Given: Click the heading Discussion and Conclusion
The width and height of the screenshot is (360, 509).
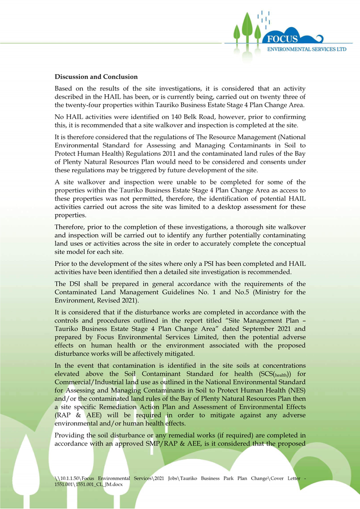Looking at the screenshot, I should [96, 77].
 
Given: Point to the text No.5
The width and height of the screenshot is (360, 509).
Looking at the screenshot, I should [239, 292].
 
